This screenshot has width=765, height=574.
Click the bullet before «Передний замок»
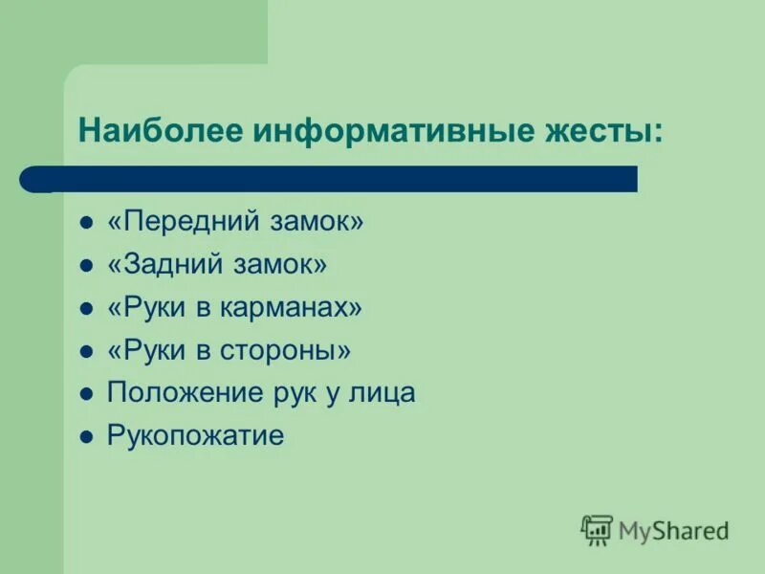point(86,223)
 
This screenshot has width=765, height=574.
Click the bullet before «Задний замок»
point(86,266)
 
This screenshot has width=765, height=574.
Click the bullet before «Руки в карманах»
point(86,309)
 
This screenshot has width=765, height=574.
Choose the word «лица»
point(384,393)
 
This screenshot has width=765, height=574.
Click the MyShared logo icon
point(597,529)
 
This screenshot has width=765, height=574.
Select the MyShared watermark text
point(673,530)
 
